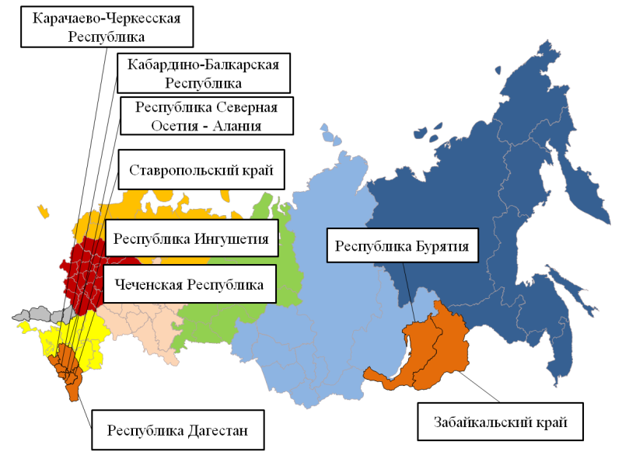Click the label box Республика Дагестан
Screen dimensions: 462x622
[177, 429]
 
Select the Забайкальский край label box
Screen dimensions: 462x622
[499, 423]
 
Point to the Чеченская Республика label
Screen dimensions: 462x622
[190, 284]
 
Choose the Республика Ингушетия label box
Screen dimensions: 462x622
[191, 238]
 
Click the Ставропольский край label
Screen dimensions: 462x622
[201, 169]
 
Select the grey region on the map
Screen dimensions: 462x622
[39, 315]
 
